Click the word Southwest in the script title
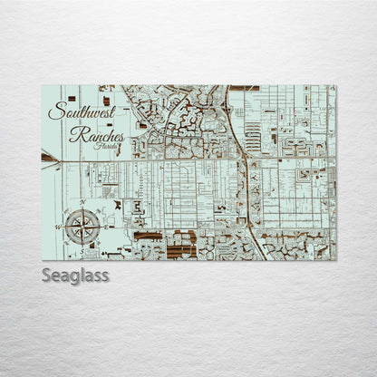click(81, 112)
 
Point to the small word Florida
click(107, 147)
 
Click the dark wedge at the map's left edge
click(47, 157)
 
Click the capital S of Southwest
click(56, 112)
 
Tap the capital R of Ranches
click(77, 135)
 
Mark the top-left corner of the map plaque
click(42, 85)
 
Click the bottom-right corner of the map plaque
click(335, 260)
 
